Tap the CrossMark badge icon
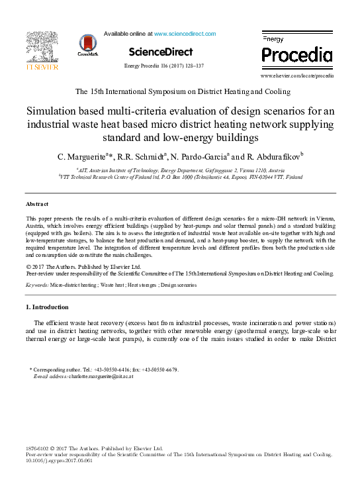pos(87,45)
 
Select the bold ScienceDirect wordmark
pos(161,52)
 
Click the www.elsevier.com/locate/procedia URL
pos(297,76)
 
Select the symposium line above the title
pos(180,91)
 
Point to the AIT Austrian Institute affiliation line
pos(179,171)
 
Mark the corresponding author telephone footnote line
pos(105,369)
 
